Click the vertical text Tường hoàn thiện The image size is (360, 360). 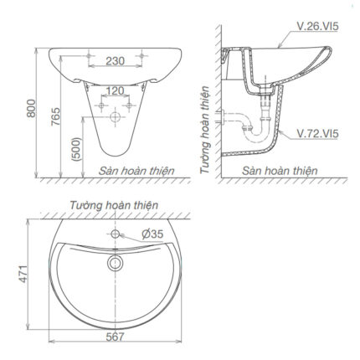[205, 134]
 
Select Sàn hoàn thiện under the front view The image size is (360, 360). [136, 170]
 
